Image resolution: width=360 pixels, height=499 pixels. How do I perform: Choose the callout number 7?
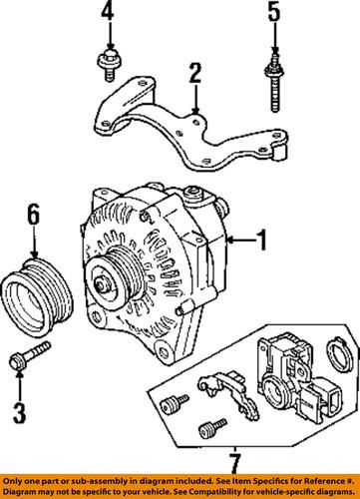click(232, 462)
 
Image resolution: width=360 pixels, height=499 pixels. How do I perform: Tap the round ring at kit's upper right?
click(338, 353)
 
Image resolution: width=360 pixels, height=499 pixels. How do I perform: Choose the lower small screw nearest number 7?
click(209, 431)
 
